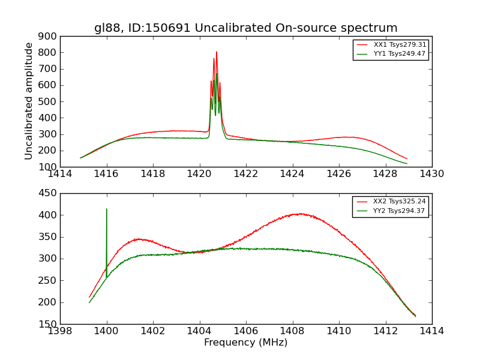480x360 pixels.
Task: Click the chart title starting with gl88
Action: pyautogui.click(x=245, y=28)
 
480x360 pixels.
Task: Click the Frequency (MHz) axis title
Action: pyautogui.click(x=245, y=343)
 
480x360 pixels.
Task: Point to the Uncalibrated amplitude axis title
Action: pyautogui.click(x=29, y=101)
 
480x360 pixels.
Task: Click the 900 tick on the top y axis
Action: pyautogui.click(x=49, y=36)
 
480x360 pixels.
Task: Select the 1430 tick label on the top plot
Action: pyautogui.click(x=431, y=174)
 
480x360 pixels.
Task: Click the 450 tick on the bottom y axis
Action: pyautogui.click(x=49, y=193)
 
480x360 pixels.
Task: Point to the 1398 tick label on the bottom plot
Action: pyautogui.click(x=60, y=331)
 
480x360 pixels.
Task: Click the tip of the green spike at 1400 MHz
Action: pyautogui.click(x=107, y=209)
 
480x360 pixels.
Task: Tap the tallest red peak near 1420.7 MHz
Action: pyautogui.click(x=217, y=52)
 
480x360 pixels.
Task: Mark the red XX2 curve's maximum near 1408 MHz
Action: pyautogui.click(x=298, y=214)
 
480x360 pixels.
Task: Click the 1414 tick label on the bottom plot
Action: pyautogui.click(x=431, y=331)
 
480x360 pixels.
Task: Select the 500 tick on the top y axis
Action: pyautogui.click(x=49, y=101)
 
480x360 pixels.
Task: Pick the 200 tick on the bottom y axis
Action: pyautogui.click(x=49, y=302)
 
